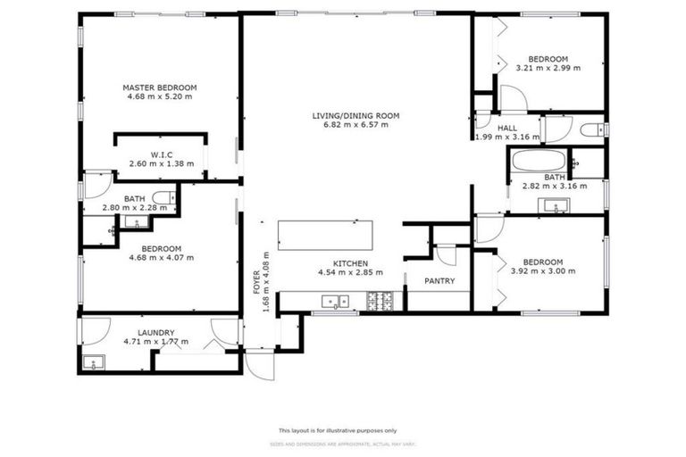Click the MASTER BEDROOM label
159,87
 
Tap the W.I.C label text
162,154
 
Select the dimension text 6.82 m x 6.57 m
356,125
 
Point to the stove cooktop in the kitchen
379,302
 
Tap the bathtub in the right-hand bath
538,163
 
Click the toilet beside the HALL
592,131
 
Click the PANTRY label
439,281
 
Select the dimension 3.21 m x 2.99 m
548,68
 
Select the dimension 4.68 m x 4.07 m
161,257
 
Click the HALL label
507,128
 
